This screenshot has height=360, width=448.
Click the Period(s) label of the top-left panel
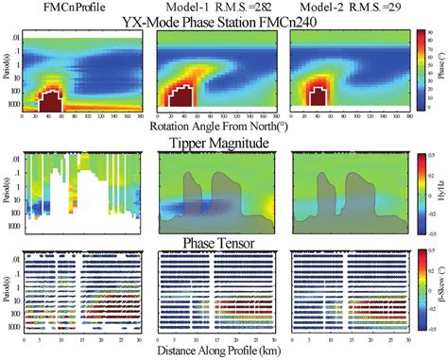point(8,71)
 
